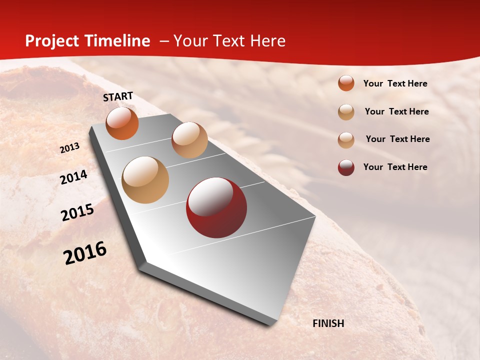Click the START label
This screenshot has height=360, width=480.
tap(118, 96)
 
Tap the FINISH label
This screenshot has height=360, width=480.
tap(328, 323)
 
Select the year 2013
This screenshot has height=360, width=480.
tap(69, 148)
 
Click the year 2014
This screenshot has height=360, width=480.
tap(73, 177)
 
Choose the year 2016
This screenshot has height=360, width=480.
tap(85, 253)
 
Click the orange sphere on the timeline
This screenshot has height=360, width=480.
tap(122, 123)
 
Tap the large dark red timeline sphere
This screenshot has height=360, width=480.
tap(216, 207)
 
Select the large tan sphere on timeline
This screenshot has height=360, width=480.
tap(145, 179)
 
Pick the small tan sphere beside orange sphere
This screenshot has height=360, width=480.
tap(189, 140)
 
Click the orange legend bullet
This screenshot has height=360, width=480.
tap(346, 83)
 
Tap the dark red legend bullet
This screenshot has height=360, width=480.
tap(346, 167)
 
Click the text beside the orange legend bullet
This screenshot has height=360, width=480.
tap(395, 83)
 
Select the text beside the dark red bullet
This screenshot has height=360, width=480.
tap(395, 167)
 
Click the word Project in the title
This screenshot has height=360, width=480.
tap(52, 41)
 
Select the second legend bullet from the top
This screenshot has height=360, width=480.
tap(346, 112)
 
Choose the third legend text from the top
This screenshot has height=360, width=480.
tap(397, 139)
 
